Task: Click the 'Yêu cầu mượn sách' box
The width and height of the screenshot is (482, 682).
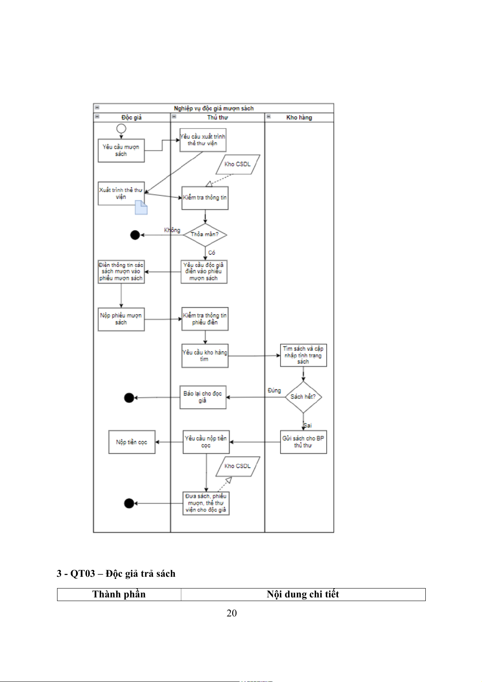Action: (x=121, y=151)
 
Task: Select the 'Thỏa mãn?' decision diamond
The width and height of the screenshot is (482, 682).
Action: (x=205, y=235)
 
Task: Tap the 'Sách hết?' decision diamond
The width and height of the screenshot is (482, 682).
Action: (x=303, y=397)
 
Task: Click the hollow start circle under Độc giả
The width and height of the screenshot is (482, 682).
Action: (x=121, y=129)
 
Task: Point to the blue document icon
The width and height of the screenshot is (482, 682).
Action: (x=141, y=207)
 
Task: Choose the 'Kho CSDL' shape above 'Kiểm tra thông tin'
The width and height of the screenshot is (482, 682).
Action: (x=238, y=164)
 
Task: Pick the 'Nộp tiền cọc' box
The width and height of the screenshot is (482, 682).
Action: (x=132, y=442)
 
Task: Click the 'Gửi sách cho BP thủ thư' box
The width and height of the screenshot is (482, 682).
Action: (x=303, y=442)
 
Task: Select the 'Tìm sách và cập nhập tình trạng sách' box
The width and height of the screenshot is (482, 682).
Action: (x=303, y=355)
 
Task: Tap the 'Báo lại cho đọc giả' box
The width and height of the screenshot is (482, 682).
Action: (x=203, y=397)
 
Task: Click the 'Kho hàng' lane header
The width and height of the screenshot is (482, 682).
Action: (x=299, y=117)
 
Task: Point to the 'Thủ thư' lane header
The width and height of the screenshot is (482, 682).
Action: (x=217, y=117)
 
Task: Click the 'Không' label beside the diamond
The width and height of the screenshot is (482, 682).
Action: (x=172, y=230)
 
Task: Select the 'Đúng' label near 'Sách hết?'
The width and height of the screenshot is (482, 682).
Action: (x=274, y=390)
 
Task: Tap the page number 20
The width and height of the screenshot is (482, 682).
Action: (x=231, y=613)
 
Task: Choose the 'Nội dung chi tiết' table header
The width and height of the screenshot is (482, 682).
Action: (x=303, y=594)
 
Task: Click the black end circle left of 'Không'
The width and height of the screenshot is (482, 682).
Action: (x=135, y=235)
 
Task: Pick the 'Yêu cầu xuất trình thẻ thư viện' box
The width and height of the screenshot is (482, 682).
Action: (x=203, y=140)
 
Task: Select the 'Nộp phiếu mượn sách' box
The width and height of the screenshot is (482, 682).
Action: (x=121, y=319)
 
